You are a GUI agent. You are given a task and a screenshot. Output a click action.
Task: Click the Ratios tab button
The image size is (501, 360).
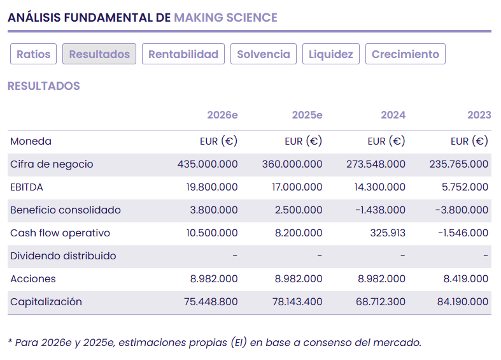pos(34,54)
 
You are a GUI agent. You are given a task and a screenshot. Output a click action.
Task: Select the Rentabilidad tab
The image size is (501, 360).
pos(183,54)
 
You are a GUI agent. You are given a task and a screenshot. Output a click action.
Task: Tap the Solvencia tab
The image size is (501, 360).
pos(263,54)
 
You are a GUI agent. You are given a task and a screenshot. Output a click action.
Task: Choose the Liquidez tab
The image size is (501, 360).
pos(331,54)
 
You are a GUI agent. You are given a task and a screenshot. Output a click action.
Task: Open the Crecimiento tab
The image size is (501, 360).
pos(406,54)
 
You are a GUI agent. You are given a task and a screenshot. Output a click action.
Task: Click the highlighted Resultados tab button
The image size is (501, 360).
pos(99,54)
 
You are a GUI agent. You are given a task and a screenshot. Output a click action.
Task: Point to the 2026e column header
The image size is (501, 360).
pos(222,115)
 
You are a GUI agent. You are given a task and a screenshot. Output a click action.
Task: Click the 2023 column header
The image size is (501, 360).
pos(479,115)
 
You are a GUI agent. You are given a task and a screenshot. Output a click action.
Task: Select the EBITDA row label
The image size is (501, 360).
pos(27,187)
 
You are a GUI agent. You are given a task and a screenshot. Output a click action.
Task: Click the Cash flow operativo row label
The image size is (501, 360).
pos(60,233)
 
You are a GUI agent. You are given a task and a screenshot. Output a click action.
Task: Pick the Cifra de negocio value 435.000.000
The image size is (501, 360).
pos(208,164)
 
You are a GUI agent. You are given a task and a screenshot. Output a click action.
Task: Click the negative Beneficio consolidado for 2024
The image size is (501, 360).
pos(379,210)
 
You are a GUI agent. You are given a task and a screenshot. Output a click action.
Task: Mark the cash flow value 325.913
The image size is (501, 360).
pos(388,233)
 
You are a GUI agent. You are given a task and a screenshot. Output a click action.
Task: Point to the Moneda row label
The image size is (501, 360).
pos(31,141)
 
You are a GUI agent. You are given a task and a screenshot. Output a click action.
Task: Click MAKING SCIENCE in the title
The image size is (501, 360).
pos(225,17)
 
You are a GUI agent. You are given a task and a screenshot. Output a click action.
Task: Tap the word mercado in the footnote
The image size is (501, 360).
pos(399,342)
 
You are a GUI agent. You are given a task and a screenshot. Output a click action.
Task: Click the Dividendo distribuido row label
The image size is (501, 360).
pos(63,256)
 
